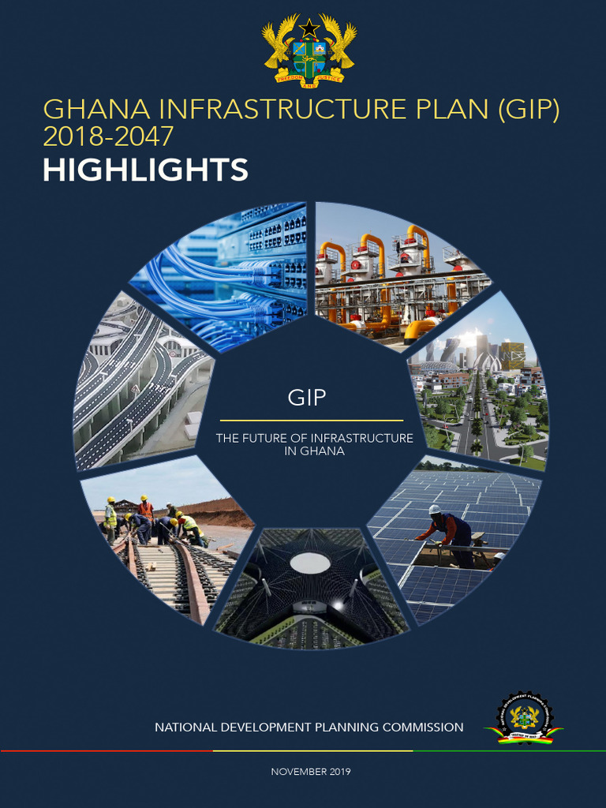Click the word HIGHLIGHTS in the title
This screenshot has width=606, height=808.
(x=146, y=170)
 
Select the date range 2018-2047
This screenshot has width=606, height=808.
(x=108, y=137)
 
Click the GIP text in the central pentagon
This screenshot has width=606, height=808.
(x=307, y=397)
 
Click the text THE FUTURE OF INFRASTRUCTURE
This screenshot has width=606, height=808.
(x=315, y=438)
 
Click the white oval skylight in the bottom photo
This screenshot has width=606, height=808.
(x=310, y=563)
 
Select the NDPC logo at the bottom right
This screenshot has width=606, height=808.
(x=525, y=719)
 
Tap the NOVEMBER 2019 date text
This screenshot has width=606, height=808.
(x=311, y=771)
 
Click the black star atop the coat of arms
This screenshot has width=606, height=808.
(x=309, y=28)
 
